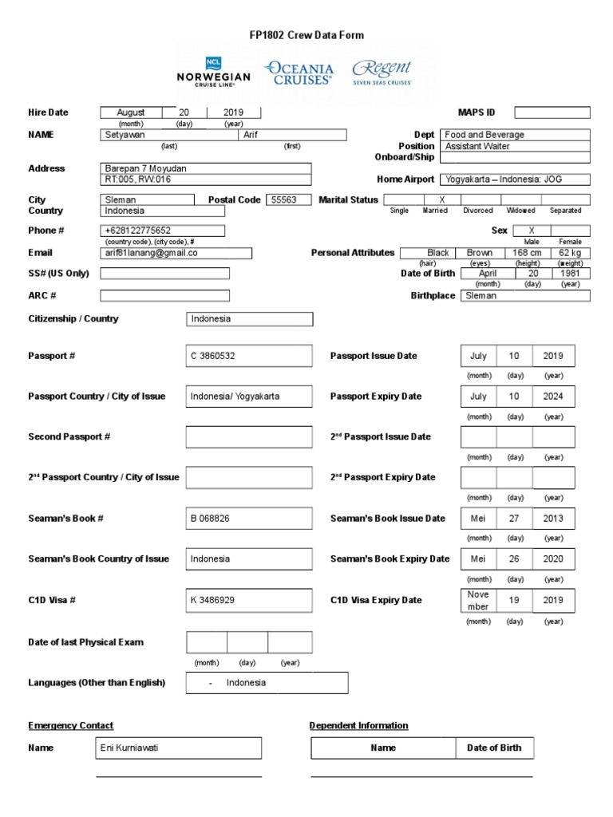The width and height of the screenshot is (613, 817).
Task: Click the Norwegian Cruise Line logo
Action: click(x=213, y=72)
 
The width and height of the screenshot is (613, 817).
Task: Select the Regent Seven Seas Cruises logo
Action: click(x=382, y=72)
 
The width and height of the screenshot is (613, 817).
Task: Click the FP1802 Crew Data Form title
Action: click(x=306, y=35)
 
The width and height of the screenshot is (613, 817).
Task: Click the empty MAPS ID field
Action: click(x=552, y=112)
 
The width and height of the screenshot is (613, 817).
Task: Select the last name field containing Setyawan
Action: click(x=169, y=135)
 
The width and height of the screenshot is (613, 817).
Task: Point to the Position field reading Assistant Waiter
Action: click(x=516, y=146)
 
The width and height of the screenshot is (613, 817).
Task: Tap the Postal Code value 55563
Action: click(x=287, y=199)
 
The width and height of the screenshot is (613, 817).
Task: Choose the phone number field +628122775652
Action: click(x=163, y=231)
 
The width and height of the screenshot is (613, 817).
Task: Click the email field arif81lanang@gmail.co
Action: click(x=176, y=253)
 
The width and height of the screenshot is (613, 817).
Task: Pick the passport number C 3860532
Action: click(x=248, y=356)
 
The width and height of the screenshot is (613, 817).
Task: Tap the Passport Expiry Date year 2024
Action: click(x=553, y=397)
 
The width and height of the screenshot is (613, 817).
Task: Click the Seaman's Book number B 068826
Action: click(x=248, y=519)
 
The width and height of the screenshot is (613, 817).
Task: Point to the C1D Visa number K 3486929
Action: click(x=248, y=600)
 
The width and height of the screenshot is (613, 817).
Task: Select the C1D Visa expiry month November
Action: click(x=478, y=600)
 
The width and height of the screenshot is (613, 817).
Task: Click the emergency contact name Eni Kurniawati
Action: click(x=178, y=748)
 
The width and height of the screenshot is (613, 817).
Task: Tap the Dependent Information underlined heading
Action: click(x=358, y=725)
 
